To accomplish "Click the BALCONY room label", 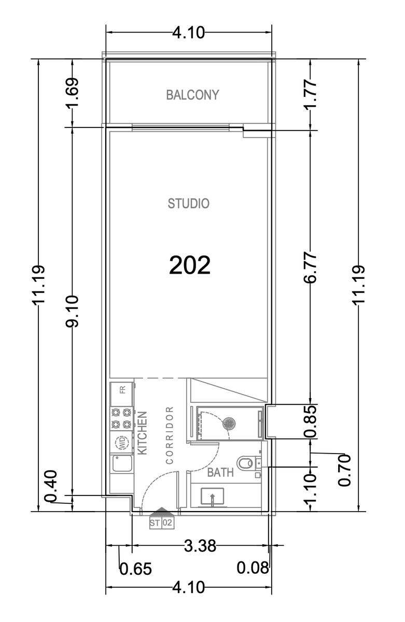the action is coord(192,95).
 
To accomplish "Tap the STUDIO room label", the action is coord(188,204).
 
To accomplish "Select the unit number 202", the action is coord(190,265).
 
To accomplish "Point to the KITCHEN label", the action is coord(142,433).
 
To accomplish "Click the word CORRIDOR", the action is coord(170,435).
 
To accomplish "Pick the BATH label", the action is coord(220,472).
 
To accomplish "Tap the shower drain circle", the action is coord(229,423).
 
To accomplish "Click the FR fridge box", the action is coord(121,393).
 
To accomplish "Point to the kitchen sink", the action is coord(122,463).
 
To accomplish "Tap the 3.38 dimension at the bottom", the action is coord(200,546).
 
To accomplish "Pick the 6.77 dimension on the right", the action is coord(310,267).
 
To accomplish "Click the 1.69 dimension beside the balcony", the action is coord(72,93).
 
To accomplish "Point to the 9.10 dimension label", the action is coord(72,311).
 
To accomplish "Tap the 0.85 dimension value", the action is coord(310,421).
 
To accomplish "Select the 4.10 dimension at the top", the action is coord(189,33).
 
